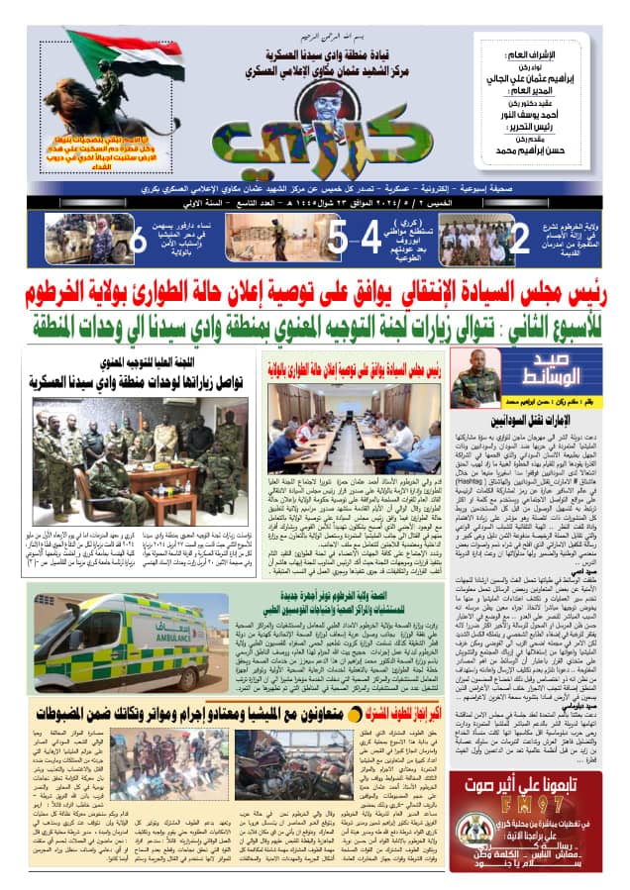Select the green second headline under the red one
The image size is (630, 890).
[315, 323]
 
